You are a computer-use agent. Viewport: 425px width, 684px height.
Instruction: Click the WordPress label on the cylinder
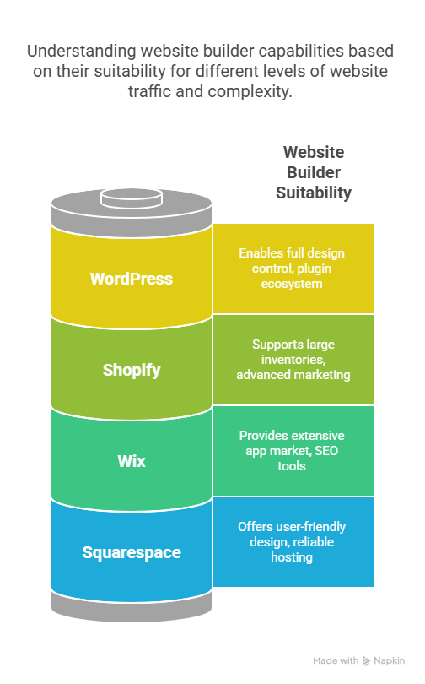(132, 279)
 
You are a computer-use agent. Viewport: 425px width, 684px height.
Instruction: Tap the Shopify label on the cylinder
(132, 371)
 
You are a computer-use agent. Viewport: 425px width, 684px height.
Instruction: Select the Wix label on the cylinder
(132, 461)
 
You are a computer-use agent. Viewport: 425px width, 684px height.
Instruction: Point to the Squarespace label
(132, 553)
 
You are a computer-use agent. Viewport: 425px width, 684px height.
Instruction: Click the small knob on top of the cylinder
(132, 198)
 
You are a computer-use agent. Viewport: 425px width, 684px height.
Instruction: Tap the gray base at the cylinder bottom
(132, 607)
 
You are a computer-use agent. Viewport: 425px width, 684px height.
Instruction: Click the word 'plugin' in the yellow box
(314, 269)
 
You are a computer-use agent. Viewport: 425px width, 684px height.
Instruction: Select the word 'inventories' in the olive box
(293, 360)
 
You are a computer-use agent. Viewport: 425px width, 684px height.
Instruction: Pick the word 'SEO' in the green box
(326, 451)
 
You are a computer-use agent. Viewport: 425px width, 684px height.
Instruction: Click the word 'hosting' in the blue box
(292, 557)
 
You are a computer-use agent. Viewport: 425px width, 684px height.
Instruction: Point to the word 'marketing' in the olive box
(322, 375)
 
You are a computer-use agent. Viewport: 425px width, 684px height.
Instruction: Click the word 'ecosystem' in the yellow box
(292, 284)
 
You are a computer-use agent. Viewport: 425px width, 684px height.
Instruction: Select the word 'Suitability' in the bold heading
(314, 193)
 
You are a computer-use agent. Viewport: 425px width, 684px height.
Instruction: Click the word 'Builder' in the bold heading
(314, 172)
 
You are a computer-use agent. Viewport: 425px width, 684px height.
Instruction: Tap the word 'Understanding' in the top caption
(82, 51)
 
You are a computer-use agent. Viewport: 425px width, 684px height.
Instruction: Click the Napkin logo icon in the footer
(366, 661)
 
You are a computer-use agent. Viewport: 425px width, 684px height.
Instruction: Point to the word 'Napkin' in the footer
(390, 661)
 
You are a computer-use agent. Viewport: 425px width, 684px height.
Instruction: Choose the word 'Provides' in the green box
(260, 436)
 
